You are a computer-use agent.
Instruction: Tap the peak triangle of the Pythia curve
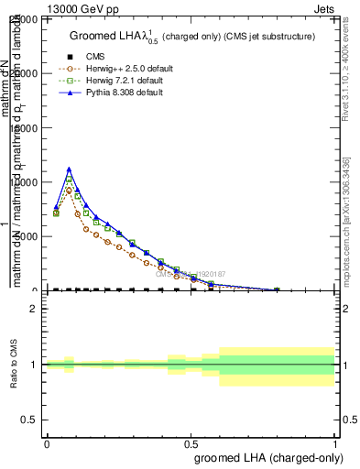69,169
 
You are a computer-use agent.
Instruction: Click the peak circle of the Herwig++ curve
69,190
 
